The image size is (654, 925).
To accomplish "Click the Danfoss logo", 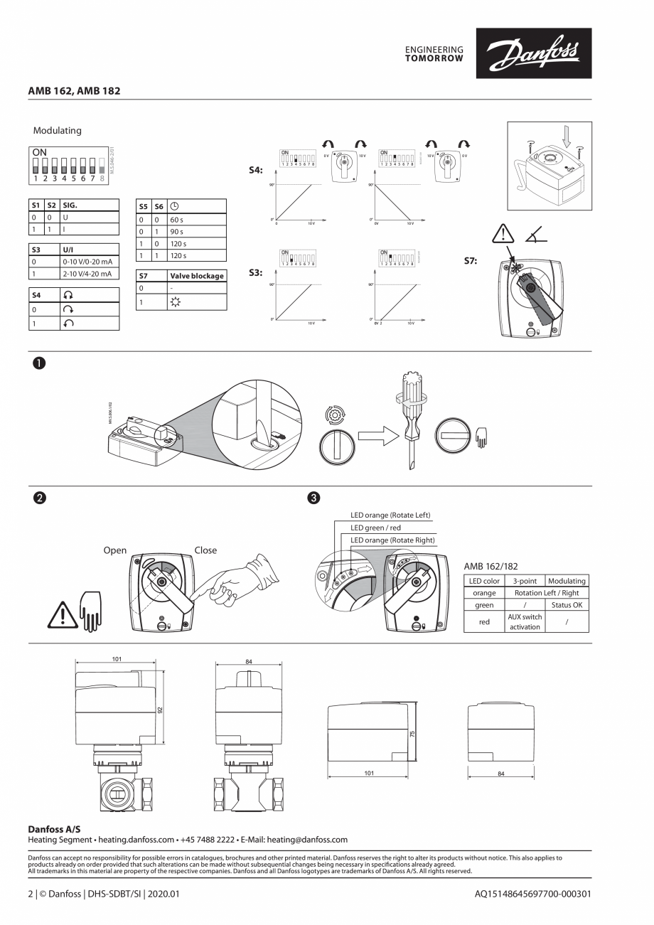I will (x=539, y=53).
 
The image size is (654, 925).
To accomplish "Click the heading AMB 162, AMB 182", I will (x=74, y=91).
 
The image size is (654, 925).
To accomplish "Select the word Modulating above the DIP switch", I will (x=58, y=131).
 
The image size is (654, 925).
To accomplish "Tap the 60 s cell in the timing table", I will (x=177, y=220).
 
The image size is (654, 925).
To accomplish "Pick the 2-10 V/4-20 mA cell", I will (x=87, y=274).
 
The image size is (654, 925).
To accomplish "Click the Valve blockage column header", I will (x=196, y=276).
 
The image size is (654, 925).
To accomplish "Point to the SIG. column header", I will (x=70, y=205).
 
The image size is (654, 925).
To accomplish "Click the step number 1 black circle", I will (x=38, y=363).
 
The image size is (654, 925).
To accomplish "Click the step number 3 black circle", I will (x=313, y=497).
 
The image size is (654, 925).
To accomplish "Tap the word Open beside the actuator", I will (x=115, y=550).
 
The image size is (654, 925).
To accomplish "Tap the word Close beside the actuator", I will (x=205, y=550).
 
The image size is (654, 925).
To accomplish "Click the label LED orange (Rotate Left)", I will (x=390, y=515).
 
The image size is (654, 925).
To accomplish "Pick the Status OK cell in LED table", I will (x=567, y=605).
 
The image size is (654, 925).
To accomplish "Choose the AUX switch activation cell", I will (x=525, y=622).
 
